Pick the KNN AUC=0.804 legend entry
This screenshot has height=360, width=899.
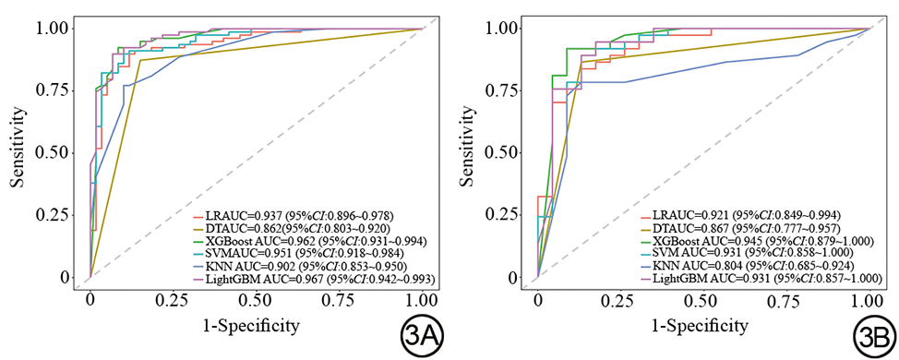[762, 266]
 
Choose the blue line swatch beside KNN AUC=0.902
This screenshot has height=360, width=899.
[200, 266]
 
